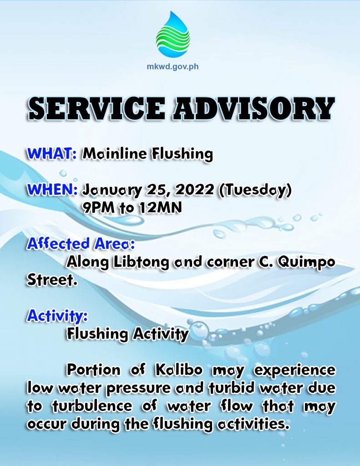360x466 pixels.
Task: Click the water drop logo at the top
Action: (173, 35)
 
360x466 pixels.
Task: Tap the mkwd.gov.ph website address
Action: (172, 66)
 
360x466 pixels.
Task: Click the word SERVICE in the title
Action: (97, 108)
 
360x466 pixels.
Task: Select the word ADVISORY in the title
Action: (253, 108)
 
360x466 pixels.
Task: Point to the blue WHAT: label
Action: (52, 154)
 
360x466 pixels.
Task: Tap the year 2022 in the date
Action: (194, 190)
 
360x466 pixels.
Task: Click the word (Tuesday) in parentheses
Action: (255, 190)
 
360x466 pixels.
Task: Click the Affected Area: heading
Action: (81, 243)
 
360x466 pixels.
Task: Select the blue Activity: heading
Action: (57, 316)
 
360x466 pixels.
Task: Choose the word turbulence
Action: (92, 405)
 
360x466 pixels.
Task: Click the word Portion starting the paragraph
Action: (94, 370)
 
